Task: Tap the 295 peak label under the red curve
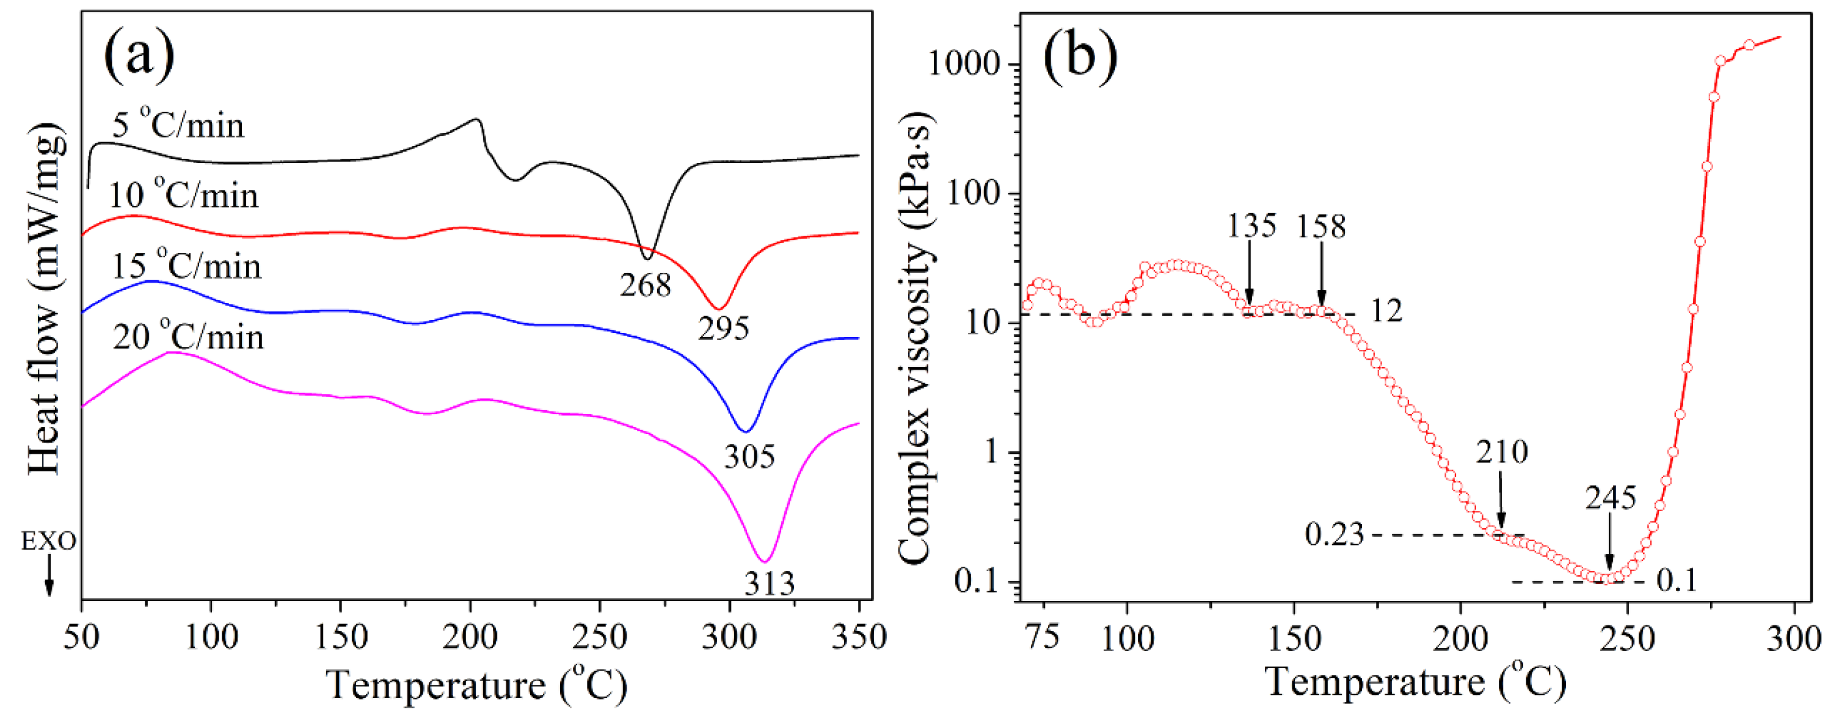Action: click(x=723, y=329)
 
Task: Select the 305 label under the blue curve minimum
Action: click(x=749, y=457)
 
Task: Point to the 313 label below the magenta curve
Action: click(x=769, y=584)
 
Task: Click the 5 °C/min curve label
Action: click(x=178, y=126)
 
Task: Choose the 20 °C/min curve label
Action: click(x=188, y=336)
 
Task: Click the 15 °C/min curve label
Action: click(x=186, y=266)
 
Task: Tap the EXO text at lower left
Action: click(x=48, y=542)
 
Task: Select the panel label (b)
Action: click(x=1079, y=56)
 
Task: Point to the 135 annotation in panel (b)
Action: click(x=1251, y=226)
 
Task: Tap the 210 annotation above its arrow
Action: click(x=1501, y=452)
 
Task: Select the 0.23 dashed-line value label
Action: click(x=1333, y=534)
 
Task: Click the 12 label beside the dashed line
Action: click(x=1386, y=310)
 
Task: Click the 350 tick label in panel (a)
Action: click(x=859, y=637)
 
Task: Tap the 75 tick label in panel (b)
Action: click(x=1043, y=637)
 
